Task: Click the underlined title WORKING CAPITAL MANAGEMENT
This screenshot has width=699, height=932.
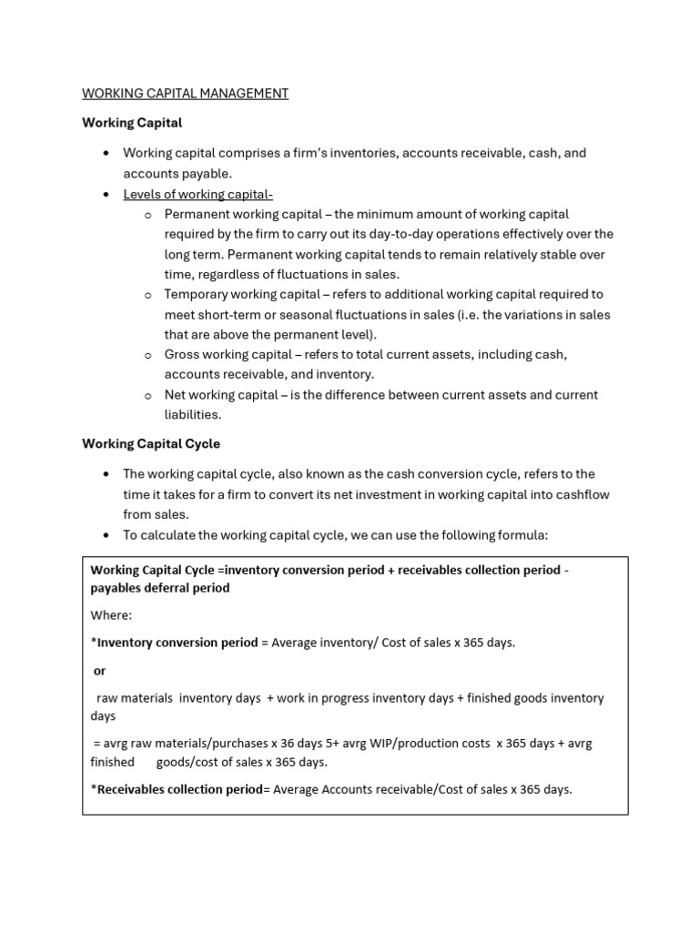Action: (185, 93)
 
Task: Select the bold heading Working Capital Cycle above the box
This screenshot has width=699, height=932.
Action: (151, 444)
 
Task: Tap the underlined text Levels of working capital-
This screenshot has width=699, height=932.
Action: (198, 194)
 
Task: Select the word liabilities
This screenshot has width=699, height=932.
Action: (192, 414)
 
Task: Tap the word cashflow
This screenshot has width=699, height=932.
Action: (581, 493)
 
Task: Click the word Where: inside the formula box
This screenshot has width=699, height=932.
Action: (111, 615)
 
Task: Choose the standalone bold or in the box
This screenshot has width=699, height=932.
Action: (99, 670)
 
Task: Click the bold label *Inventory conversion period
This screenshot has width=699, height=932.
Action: (174, 643)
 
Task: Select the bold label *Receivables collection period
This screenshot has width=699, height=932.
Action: (176, 789)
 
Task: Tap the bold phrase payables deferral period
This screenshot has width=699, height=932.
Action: (159, 588)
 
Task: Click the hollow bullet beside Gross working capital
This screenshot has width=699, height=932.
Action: (147, 355)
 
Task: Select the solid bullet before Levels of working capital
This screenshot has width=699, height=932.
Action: (106, 194)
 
